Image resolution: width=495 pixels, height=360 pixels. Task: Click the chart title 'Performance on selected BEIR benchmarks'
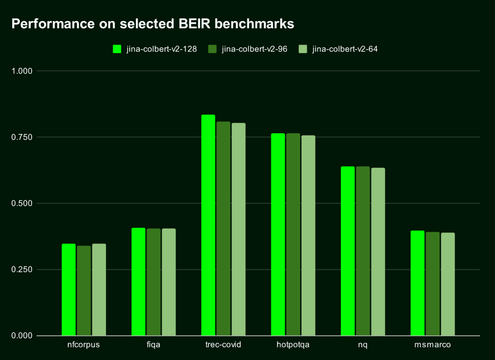pos(153,24)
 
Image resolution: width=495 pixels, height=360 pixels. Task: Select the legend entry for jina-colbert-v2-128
pos(155,49)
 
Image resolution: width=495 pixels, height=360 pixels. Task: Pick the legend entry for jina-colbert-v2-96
pos(248,49)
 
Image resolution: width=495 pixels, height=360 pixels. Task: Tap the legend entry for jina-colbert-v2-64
pos(339,49)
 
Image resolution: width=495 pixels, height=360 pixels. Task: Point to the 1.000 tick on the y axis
pos(22,71)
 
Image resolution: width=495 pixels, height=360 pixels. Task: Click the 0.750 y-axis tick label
pos(22,137)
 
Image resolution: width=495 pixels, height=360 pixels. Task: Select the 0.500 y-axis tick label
pos(22,203)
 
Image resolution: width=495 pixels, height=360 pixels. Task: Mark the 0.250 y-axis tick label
pos(22,269)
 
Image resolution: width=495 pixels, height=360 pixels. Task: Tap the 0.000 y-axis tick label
pos(22,336)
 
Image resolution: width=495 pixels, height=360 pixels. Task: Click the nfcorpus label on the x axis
pos(83,345)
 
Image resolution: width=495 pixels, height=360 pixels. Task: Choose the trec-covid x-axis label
pos(223,345)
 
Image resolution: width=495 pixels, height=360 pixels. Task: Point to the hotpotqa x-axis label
pos(293,345)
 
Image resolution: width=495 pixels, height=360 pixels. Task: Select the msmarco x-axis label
pos(432,345)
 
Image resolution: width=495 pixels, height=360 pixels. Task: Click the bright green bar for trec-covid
pos(208,225)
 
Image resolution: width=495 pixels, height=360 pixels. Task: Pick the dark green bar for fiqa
pos(154,282)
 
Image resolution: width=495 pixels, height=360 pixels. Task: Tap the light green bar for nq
pos(378,252)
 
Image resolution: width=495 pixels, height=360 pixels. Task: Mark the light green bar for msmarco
pos(448,284)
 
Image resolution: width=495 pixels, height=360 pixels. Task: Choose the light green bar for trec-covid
pos(238,229)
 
